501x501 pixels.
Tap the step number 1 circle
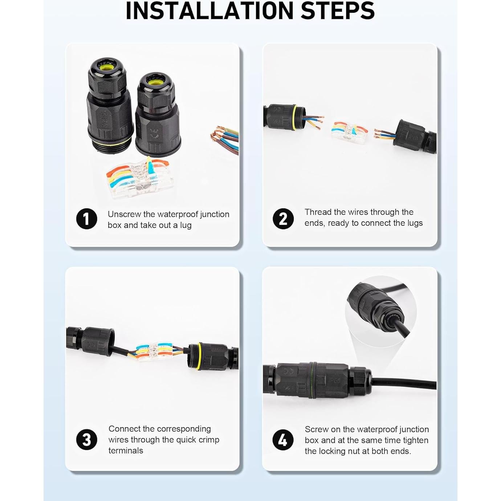86,219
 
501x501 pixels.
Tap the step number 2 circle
283,219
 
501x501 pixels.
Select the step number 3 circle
86,440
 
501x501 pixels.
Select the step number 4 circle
283,440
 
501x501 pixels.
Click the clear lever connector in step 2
349,133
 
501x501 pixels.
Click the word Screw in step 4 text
316,429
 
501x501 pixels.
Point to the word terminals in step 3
126,451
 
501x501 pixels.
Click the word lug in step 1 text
186,225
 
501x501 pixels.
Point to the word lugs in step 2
415,223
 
